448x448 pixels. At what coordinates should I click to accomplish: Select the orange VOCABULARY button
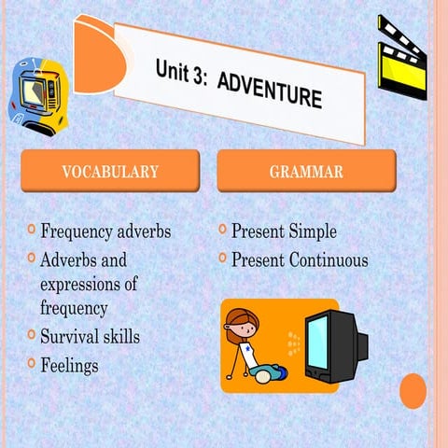click(110, 172)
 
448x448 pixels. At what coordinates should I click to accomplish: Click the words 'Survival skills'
click(90, 336)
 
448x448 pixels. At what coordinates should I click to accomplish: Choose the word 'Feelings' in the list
click(69, 365)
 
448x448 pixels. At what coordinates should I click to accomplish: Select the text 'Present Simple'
click(284, 231)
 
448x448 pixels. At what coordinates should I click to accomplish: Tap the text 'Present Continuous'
click(300, 259)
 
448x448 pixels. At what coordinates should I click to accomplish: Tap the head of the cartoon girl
click(245, 329)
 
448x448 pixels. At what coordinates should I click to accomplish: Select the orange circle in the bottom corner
click(413, 391)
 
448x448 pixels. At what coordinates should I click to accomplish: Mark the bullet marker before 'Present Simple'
click(222, 228)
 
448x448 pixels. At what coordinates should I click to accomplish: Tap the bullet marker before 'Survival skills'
click(32, 332)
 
